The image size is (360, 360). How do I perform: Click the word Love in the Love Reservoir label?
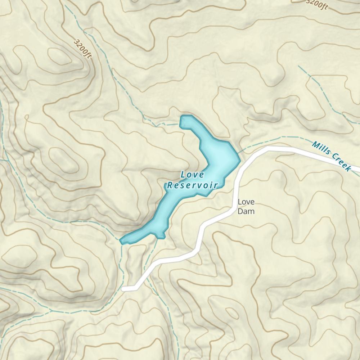(192, 175)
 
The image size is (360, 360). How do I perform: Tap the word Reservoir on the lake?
(192, 185)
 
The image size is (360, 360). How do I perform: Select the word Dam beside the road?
(246, 211)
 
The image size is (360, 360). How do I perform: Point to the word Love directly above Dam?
(246, 202)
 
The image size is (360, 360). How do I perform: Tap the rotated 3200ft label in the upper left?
(83, 48)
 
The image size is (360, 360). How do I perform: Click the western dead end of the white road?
(124, 288)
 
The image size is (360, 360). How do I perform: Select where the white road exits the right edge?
(359, 169)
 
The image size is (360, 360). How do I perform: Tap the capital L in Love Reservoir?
(183, 175)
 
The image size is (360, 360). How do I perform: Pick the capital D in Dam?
(240, 211)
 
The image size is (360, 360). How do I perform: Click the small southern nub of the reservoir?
(161, 237)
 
